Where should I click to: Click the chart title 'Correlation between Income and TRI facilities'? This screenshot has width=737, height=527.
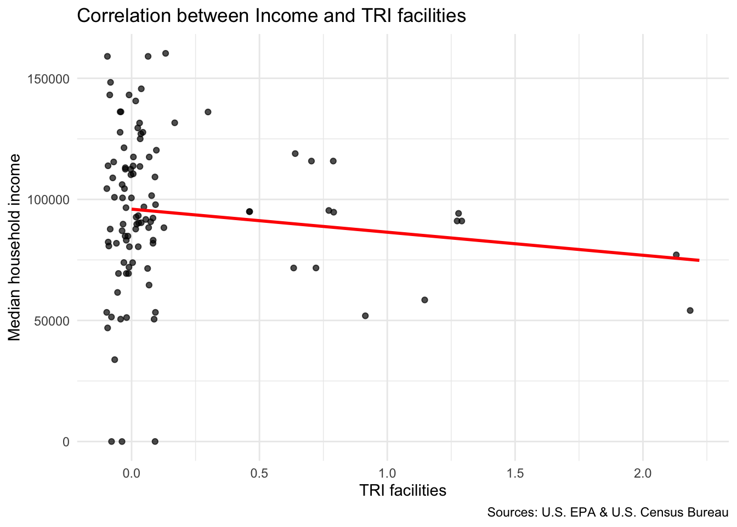click(x=271, y=16)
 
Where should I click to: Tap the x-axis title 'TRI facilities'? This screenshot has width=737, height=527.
click(x=402, y=490)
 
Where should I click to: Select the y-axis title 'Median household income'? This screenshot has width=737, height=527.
click(x=15, y=247)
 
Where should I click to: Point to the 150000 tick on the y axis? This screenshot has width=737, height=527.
click(x=49, y=79)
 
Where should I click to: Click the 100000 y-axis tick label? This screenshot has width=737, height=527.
click(x=49, y=200)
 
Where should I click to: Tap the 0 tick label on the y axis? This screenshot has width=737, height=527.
click(x=66, y=442)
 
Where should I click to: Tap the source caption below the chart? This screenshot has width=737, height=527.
click(x=608, y=513)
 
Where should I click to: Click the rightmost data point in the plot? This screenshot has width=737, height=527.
click(x=690, y=310)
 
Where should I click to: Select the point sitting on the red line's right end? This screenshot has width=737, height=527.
click(x=676, y=255)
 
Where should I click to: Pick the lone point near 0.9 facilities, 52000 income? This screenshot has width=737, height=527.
click(x=365, y=316)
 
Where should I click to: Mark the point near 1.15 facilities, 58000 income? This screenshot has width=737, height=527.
click(x=424, y=300)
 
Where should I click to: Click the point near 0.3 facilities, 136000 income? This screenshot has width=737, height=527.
click(x=208, y=112)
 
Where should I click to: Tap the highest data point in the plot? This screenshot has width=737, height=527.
click(x=166, y=53)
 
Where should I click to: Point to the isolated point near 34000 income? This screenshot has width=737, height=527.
click(x=115, y=360)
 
